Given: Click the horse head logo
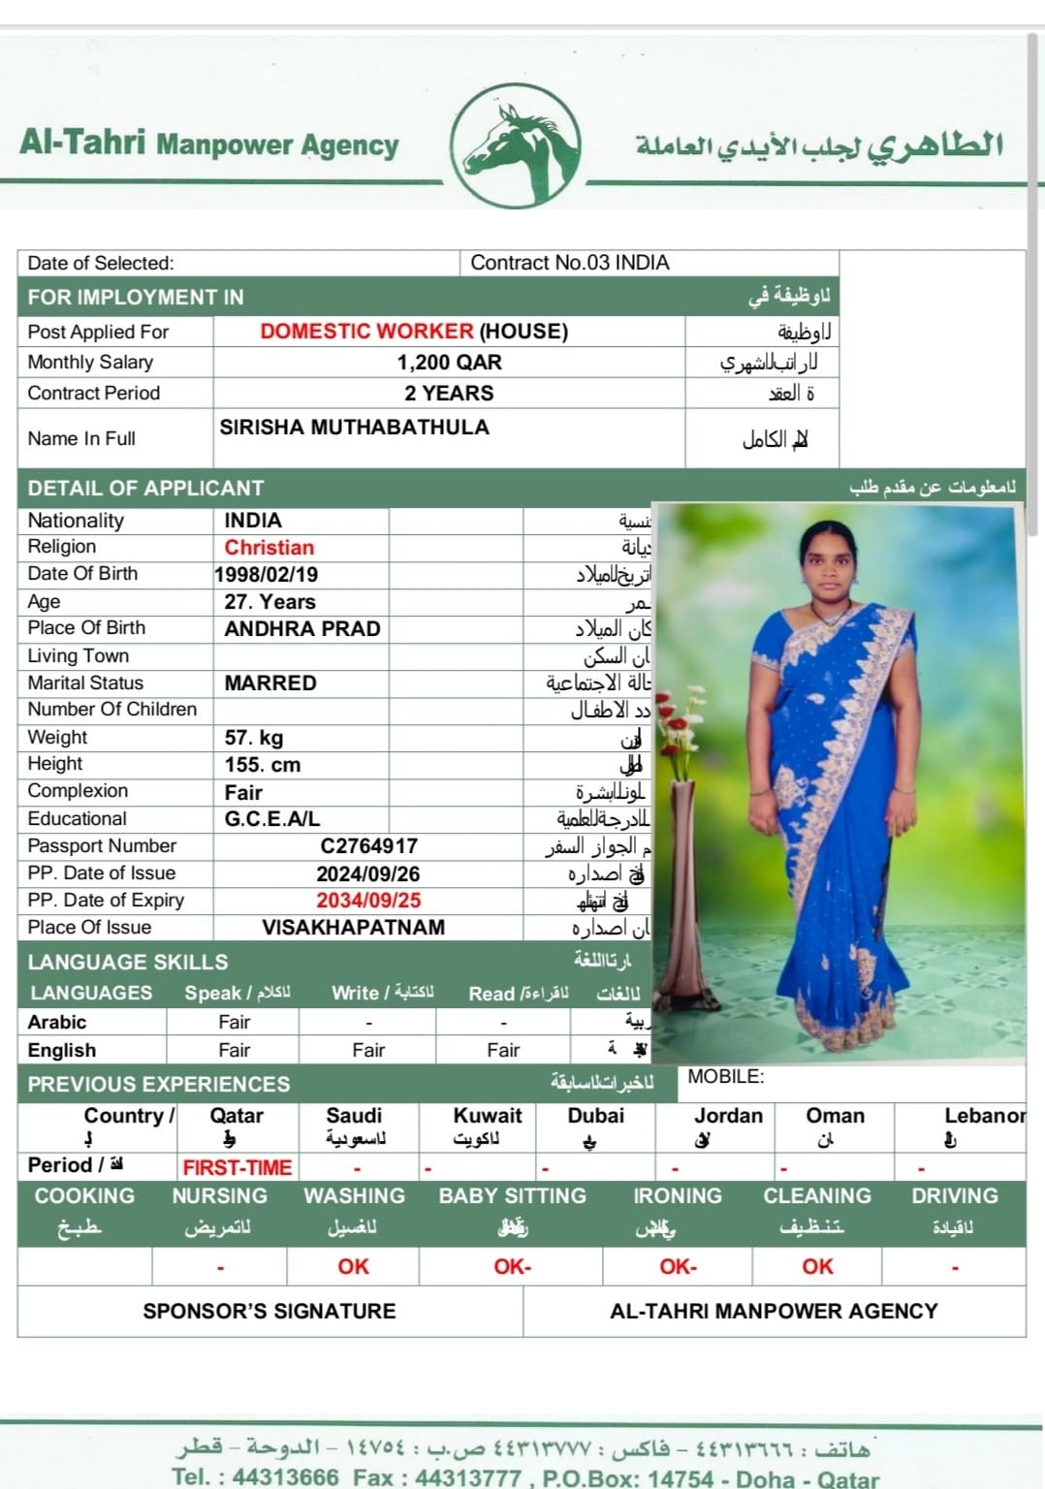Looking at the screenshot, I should [520, 145].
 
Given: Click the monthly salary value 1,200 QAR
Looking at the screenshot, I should [449, 363].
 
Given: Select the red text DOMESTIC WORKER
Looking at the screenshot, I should [366, 332].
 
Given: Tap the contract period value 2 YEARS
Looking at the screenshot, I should [449, 394].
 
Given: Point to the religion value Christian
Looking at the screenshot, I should [269, 548].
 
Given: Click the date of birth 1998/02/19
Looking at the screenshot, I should [267, 575].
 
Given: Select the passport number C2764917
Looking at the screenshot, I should [368, 846].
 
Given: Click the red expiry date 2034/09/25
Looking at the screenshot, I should [368, 901].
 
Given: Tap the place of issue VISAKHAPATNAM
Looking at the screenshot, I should [353, 928].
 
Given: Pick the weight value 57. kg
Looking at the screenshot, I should [254, 738].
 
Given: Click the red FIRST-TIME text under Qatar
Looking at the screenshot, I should [237, 1167].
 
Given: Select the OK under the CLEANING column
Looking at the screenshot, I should [817, 1266].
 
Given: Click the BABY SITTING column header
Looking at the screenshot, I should [512, 1196].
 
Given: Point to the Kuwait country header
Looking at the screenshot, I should [488, 1116].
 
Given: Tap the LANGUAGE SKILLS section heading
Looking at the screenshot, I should [128, 962].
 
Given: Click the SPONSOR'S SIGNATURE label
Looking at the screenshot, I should [269, 1311].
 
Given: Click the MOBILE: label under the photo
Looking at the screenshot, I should [725, 1077].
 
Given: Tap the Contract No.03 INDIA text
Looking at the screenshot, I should [570, 263].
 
